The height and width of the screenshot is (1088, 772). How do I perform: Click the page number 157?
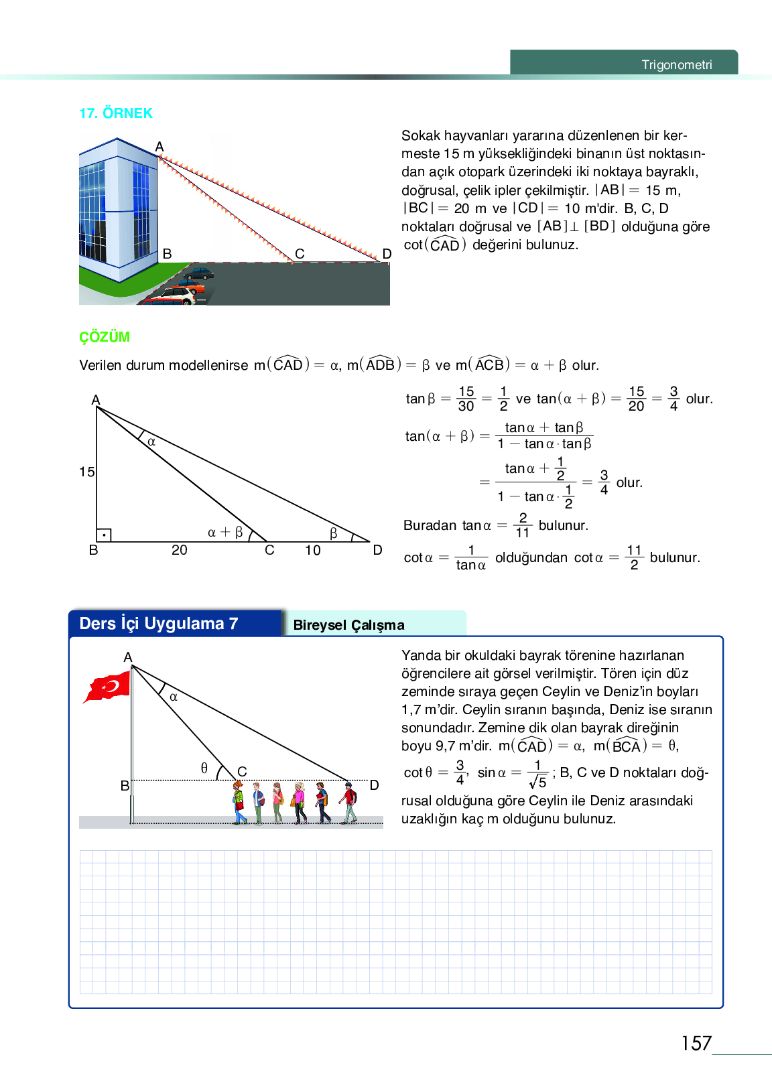696,1043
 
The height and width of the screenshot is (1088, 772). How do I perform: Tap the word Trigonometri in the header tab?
677,65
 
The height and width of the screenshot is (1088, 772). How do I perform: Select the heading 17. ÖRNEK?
116,113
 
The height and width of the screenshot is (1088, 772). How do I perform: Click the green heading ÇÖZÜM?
105,337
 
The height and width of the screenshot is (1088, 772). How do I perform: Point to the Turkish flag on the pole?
107,687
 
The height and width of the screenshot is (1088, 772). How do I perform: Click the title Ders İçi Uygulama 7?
159,624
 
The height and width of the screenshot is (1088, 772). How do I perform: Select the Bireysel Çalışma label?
348,625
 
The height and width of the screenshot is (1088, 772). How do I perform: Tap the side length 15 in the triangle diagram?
87,472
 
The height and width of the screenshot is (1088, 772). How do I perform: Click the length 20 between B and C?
179,550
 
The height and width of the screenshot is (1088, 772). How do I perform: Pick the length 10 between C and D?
313,551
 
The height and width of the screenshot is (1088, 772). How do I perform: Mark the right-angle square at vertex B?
104,535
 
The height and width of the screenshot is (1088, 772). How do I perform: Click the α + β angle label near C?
225,533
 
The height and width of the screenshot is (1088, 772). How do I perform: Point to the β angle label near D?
334,533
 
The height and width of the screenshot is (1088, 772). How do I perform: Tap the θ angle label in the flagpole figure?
204,768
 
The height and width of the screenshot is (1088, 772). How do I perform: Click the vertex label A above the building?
159,147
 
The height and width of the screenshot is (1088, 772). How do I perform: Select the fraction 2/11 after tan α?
523,526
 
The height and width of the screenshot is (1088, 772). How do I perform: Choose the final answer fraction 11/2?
634,557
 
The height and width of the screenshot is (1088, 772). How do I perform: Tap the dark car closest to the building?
198,273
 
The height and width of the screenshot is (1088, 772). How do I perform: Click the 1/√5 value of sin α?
537,774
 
